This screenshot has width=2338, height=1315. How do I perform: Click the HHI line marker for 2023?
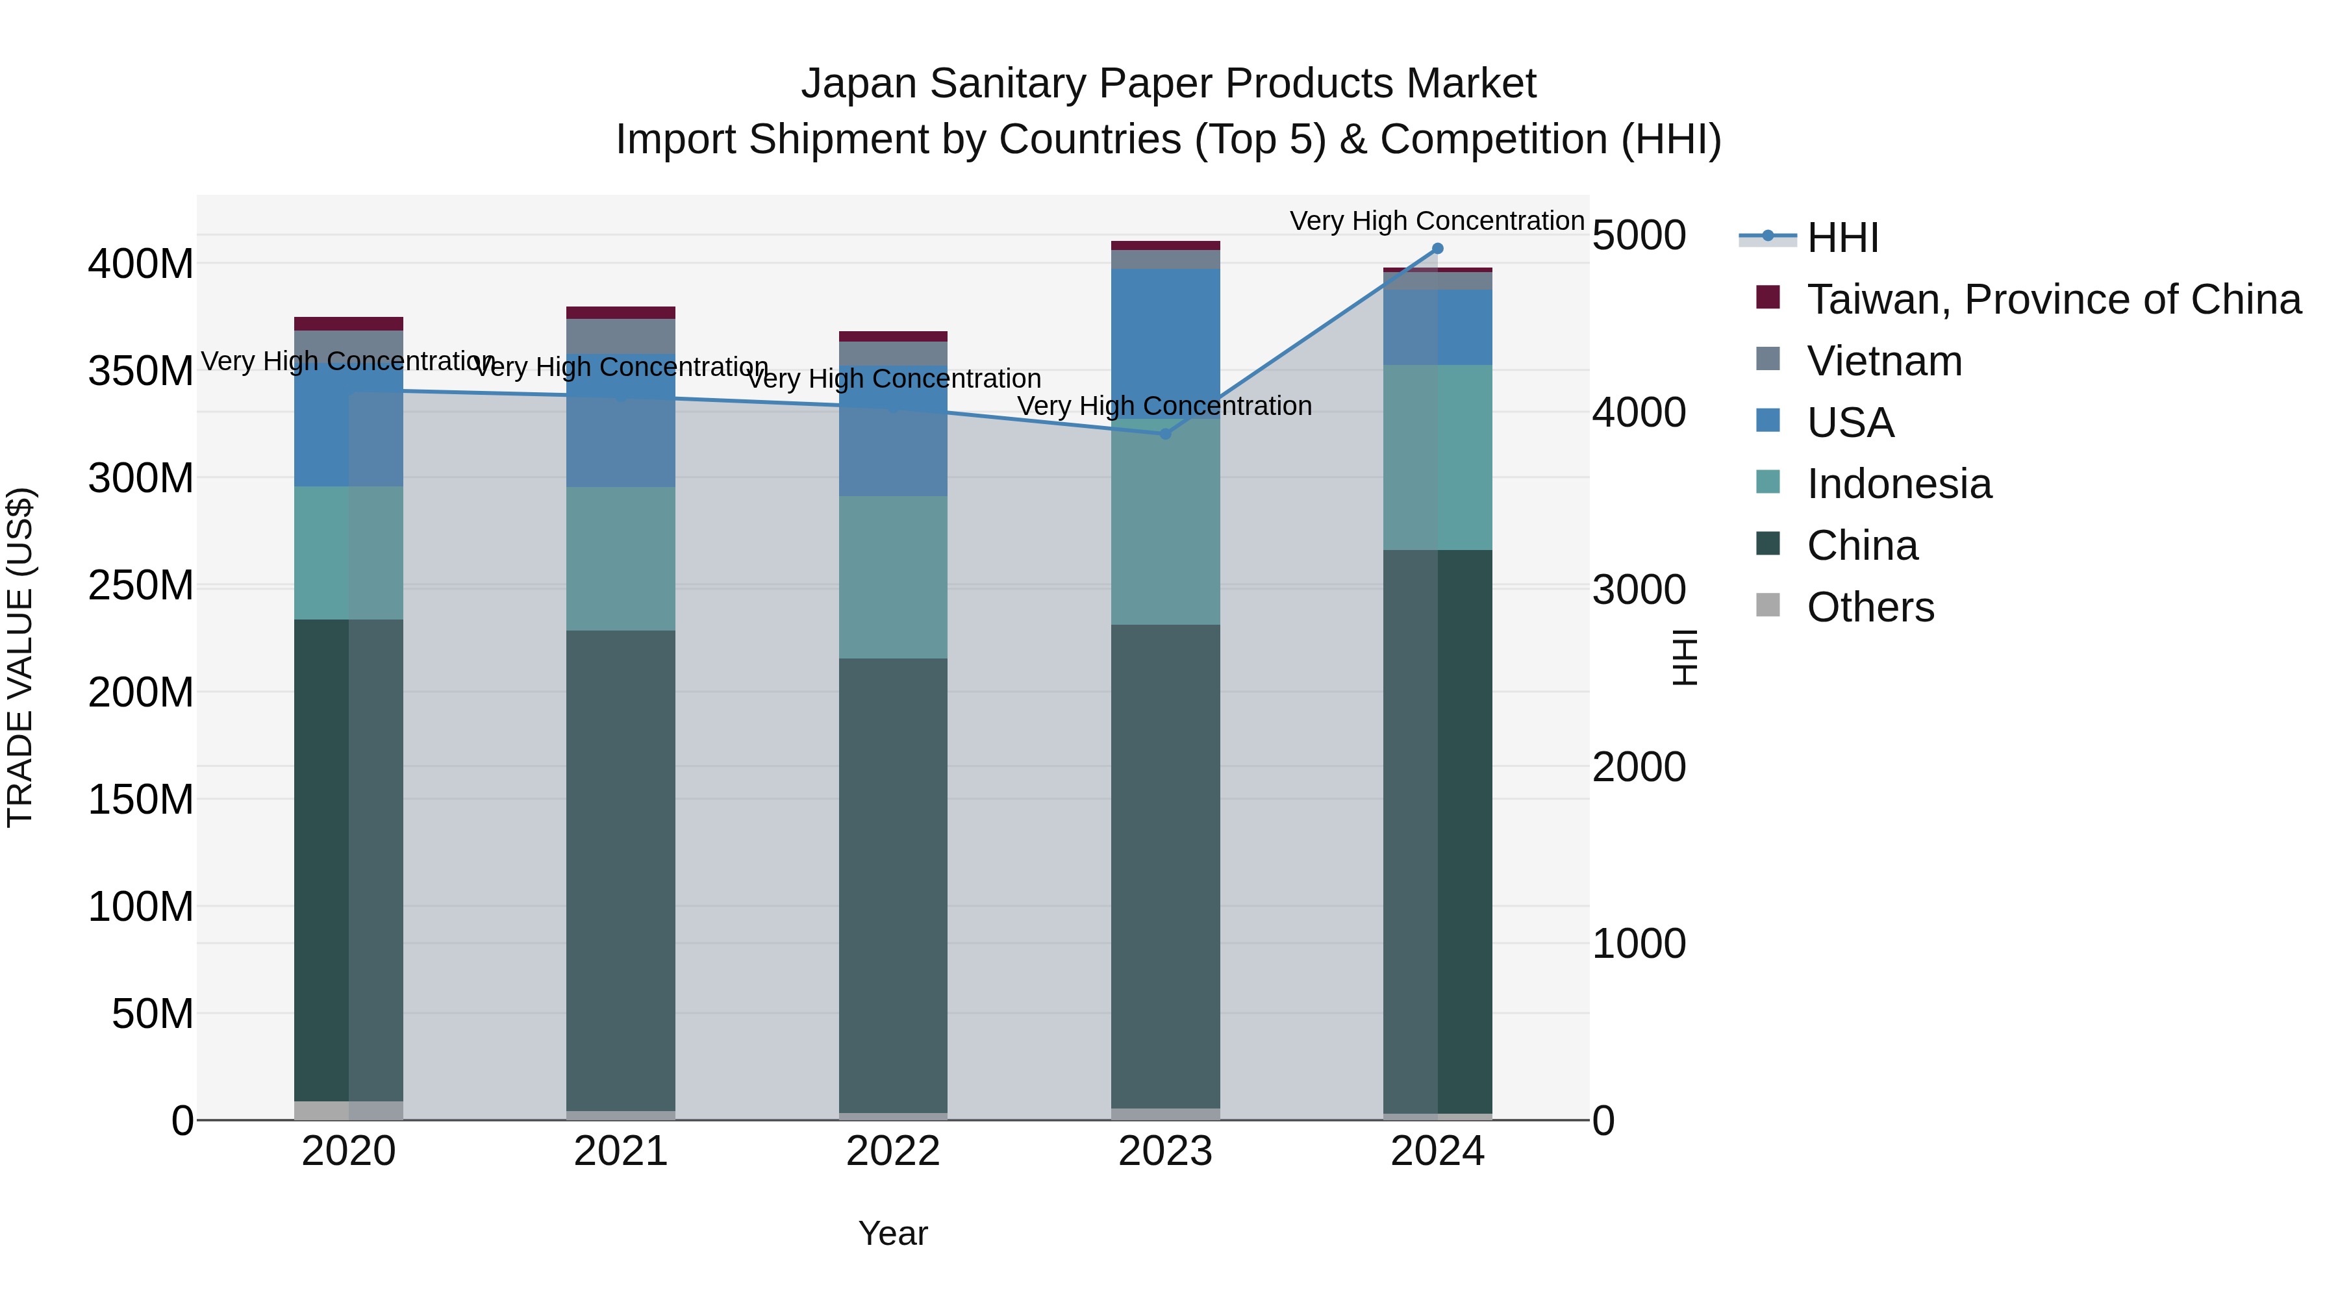coord(1165,434)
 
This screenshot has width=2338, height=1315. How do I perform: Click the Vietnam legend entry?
coord(1884,361)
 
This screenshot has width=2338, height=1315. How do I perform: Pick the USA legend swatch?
coord(1768,421)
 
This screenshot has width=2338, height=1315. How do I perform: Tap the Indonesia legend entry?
coord(1899,484)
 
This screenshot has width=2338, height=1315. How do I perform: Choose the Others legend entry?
coord(1870,607)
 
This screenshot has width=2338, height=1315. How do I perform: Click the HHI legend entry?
coord(1842,238)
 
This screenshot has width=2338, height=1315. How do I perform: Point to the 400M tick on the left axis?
coord(141,264)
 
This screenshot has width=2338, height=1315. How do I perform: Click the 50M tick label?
coord(153,1014)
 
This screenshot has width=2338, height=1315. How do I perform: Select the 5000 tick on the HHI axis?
coord(1639,236)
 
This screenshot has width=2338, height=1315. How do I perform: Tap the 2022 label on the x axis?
coord(893,1151)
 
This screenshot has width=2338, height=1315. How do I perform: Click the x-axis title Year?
coord(893,1233)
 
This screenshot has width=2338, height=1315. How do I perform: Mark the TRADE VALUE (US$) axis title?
coord(20,657)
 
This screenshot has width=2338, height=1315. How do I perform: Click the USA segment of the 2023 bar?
coord(1165,340)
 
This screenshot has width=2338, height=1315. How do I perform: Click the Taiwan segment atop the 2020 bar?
coord(349,324)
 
